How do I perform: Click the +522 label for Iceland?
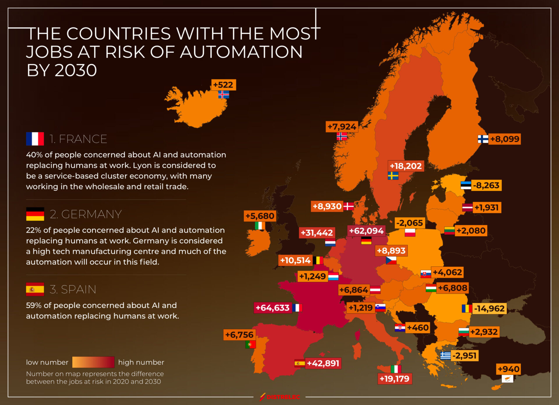click(223, 85)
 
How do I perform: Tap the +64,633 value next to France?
click(273, 308)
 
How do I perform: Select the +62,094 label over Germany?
click(366, 231)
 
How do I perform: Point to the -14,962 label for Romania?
click(489, 309)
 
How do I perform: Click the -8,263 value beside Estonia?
click(486, 185)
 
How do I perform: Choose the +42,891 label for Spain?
click(323, 363)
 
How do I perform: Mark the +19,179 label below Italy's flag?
click(395, 379)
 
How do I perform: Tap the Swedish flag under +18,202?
click(393, 176)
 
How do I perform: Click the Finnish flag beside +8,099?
click(483, 139)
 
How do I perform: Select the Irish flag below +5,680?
click(260, 226)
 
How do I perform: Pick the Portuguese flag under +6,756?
click(250, 344)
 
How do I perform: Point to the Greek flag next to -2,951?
click(445, 356)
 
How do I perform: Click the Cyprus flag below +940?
click(507, 379)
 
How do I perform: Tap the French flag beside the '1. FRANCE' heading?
click(35, 139)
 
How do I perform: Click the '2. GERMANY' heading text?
click(86, 214)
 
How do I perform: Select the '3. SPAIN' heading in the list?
click(73, 289)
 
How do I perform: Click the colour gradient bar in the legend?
click(93, 362)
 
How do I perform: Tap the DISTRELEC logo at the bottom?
click(280, 397)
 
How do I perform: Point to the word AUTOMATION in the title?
click(241, 52)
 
